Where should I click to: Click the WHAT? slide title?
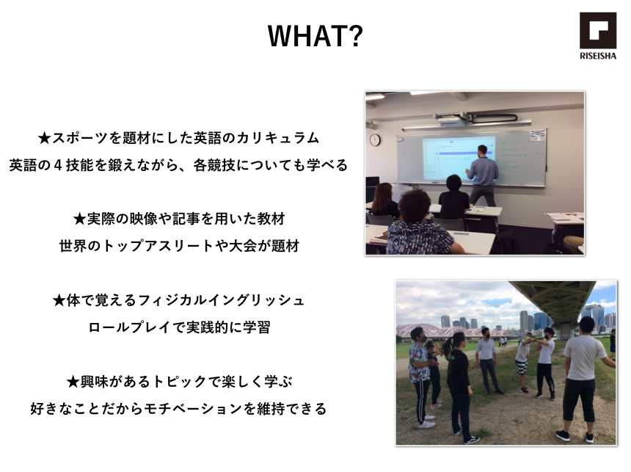click(315, 36)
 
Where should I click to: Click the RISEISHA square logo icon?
click(597, 31)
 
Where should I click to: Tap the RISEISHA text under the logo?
click(597, 56)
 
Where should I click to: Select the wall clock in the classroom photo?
click(375, 139)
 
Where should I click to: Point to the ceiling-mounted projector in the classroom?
click(452, 118)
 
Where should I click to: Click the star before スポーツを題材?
click(44, 139)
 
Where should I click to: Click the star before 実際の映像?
click(79, 219)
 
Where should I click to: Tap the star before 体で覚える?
click(59, 300)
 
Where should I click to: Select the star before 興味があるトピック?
click(73, 382)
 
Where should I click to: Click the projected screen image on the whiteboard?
click(458, 158)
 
